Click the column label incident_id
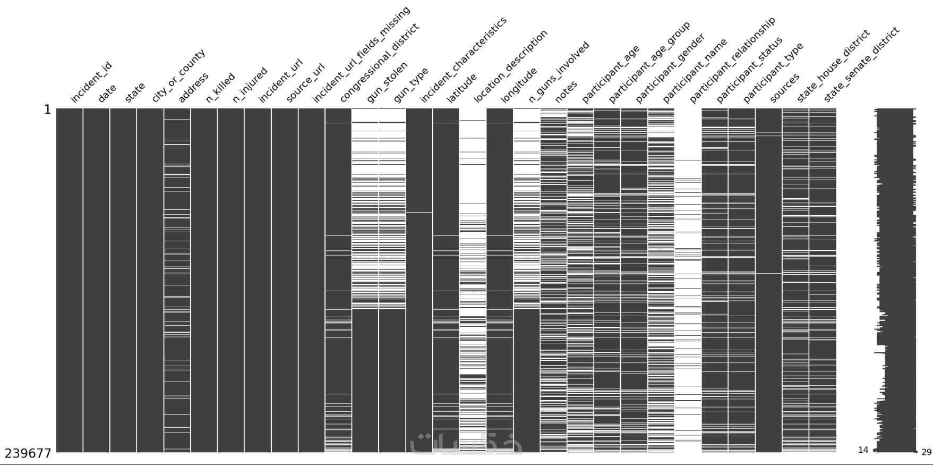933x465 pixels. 91,82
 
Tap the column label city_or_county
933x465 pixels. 178,76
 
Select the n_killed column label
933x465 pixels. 221,88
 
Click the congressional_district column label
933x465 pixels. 379,63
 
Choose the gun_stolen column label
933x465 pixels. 387,82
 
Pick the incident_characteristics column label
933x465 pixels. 463,60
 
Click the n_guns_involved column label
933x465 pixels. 559,72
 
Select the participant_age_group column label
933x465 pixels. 649,62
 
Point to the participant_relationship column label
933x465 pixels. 732,60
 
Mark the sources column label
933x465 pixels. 785,88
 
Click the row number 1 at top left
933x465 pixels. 47,110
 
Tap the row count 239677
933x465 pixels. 28,453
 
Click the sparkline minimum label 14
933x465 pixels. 863,450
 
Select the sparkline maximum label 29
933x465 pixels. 926,452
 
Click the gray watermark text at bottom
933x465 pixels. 466,444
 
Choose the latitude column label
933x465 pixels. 461,88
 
